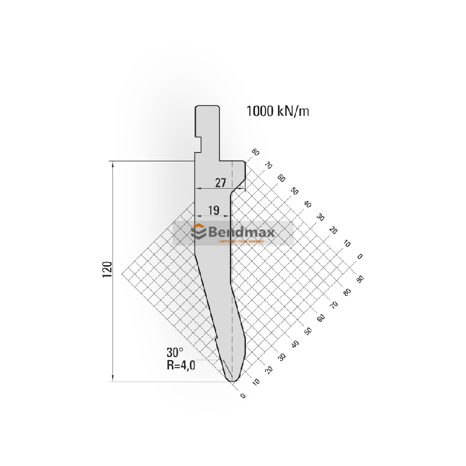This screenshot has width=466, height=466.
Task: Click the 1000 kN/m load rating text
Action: [x=277, y=111]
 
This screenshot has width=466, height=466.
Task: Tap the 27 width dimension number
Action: [x=220, y=182]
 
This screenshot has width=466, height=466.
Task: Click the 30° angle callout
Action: [x=174, y=352]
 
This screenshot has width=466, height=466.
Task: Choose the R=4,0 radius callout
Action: [x=181, y=366]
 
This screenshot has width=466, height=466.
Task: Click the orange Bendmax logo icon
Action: [x=199, y=232]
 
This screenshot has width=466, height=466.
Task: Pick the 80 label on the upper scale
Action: [x=255, y=153]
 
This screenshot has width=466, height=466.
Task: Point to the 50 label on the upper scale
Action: [x=294, y=191]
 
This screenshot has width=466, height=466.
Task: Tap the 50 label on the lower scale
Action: [x=308, y=331]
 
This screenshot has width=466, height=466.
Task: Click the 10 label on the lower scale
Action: [x=256, y=383]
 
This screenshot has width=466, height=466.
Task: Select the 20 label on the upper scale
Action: [x=333, y=230]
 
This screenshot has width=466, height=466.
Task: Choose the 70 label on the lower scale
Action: [x=334, y=305]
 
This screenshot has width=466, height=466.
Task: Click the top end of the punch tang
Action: [x=207, y=106]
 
